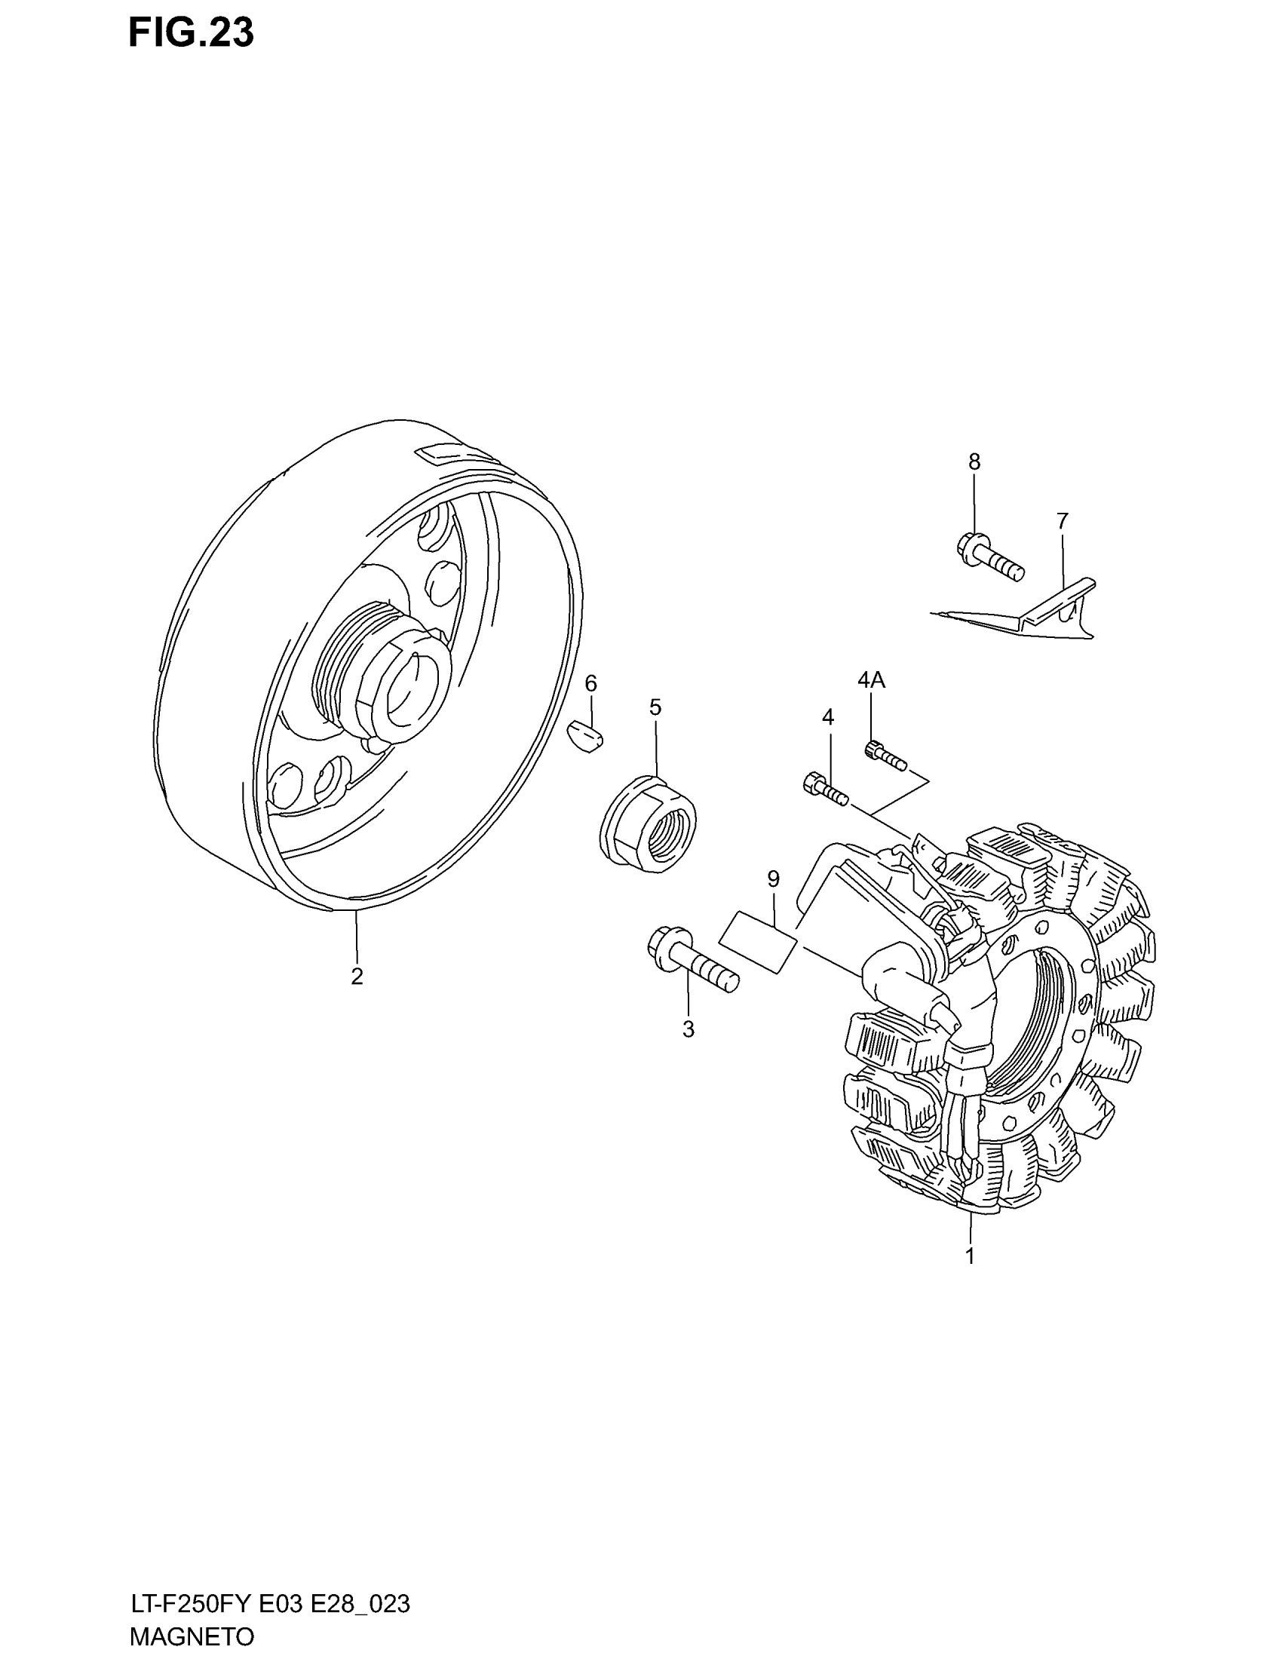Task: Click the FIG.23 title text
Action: [191, 34]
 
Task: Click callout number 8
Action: [974, 461]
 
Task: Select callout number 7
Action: [1062, 521]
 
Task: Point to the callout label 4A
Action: [871, 680]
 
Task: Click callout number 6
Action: [591, 684]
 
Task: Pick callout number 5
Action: [655, 708]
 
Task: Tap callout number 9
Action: [773, 879]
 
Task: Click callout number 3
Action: [688, 1029]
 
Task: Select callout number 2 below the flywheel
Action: [357, 977]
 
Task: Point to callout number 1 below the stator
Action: [970, 1256]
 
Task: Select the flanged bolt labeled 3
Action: [692, 960]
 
